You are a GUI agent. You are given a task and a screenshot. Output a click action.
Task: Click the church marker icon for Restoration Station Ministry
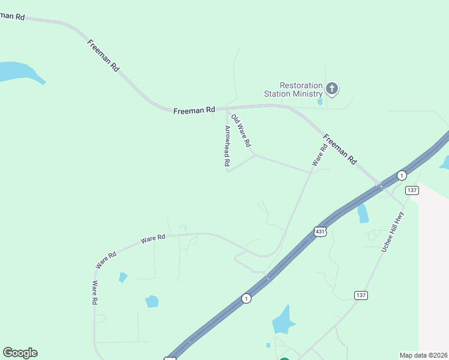tap(332, 89)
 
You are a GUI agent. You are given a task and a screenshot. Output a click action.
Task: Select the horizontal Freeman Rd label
tap(194, 110)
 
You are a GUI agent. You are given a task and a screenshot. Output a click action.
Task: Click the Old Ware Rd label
tap(241, 132)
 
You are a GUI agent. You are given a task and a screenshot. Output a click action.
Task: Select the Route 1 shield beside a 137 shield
tap(402, 175)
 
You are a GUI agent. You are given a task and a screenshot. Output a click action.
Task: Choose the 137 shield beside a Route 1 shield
tap(412, 190)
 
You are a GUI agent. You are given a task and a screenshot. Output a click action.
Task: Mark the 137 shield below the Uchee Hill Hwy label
tap(361, 295)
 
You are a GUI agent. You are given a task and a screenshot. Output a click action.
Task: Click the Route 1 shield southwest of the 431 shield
tap(246, 298)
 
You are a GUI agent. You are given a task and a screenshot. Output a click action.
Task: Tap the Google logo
tap(20, 353)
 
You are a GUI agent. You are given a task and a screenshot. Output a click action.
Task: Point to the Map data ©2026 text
tap(423, 355)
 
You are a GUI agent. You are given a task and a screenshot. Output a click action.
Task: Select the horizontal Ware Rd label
tap(152, 239)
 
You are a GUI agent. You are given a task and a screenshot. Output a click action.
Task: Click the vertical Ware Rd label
tap(94, 293)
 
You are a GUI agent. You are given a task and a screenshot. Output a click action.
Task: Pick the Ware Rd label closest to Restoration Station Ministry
tap(319, 154)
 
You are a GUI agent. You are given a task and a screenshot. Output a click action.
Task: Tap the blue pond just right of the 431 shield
tap(363, 213)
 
